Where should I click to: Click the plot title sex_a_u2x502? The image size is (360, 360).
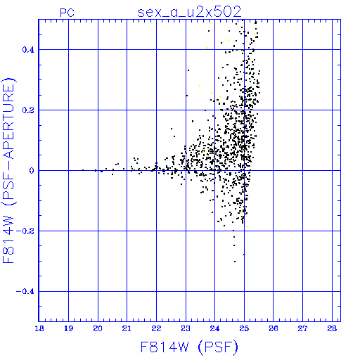click(x=190, y=12)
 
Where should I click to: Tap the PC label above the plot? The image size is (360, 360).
click(x=67, y=13)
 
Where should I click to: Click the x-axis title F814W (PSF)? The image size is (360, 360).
click(x=189, y=347)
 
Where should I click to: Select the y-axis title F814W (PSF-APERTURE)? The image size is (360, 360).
click(x=8, y=171)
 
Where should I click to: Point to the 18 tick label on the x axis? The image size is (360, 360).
click(x=39, y=328)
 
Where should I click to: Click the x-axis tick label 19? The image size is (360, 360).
click(x=68, y=328)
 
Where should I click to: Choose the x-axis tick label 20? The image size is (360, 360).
click(x=98, y=328)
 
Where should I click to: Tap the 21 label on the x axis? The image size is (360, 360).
click(x=127, y=328)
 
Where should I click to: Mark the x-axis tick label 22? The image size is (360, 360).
click(x=156, y=328)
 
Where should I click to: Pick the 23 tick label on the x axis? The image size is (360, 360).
click(x=186, y=328)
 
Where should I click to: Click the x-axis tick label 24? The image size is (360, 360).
click(x=214, y=328)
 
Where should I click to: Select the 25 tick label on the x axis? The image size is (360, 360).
click(x=244, y=328)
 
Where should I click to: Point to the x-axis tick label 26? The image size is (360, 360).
click(x=274, y=328)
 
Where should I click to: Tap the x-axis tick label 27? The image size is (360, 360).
click(x=302, y=328)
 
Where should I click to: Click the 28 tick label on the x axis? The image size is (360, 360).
click(x=332, y=328)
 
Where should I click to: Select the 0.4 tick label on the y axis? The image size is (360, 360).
click(x=28, y=50)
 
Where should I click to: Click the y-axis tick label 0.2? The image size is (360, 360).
click(x=28, y=110)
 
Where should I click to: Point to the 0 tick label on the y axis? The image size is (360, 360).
click(x=32, y=171)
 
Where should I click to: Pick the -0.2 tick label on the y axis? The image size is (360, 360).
click(x=25, y=231)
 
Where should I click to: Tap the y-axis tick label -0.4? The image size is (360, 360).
click(x=25, y=292)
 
